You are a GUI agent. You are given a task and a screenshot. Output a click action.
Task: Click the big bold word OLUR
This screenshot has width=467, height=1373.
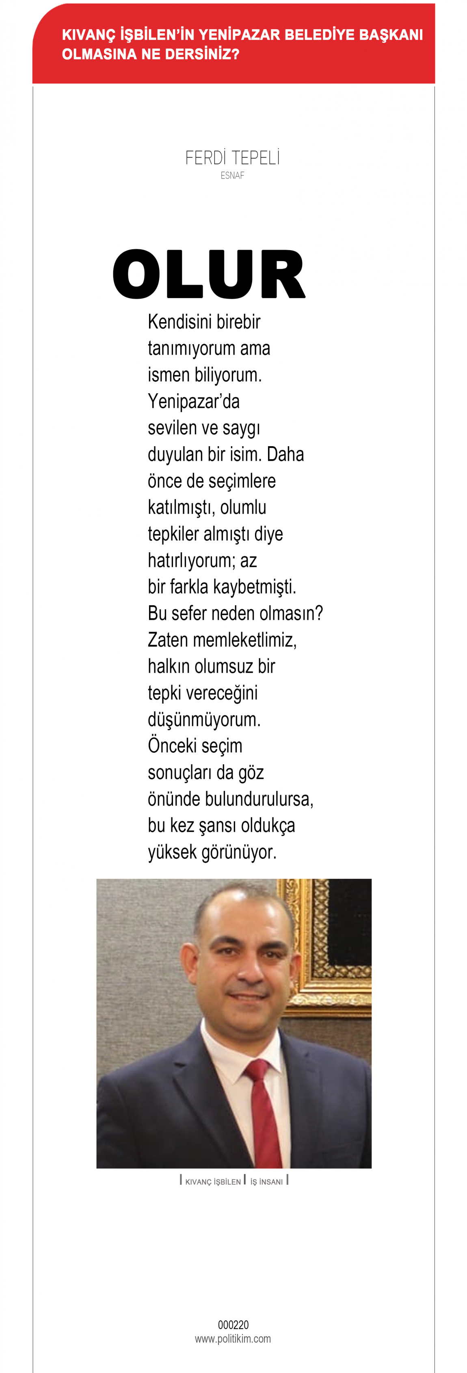[x=209, y=274]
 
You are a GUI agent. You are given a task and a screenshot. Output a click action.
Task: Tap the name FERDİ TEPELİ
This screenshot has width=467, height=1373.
[x=232, y=158]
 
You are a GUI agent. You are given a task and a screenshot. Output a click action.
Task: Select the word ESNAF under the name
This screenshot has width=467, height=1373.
[x=232, y=175]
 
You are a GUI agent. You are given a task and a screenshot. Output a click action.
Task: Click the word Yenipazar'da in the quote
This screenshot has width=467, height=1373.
[x=193, y=401]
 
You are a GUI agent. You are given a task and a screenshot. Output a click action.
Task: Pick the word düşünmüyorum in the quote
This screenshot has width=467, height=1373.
[x=204, y=719]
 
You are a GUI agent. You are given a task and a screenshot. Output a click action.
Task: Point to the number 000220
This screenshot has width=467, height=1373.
[x=233, y=1325]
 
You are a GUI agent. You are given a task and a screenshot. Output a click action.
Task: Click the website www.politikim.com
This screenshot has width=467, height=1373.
[x=233, y=1338]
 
